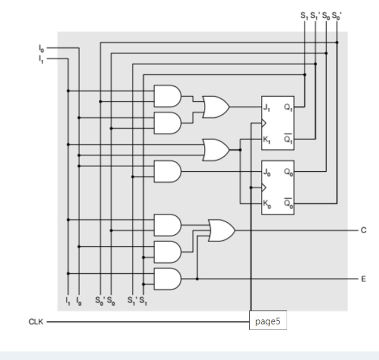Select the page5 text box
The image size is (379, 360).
coord(268,321)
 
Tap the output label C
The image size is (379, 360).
coord(363,230)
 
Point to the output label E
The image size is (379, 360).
coord(363,279)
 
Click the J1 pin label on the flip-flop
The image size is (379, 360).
coord(266,107)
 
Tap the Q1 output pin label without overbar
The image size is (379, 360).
coord(288,107)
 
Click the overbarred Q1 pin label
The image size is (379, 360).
coord(288,140)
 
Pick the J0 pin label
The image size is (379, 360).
coord(266,172)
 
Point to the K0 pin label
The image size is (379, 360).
coord(266,204)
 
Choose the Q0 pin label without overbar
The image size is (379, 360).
coord(288,172)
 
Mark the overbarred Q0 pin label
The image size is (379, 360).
coord(288,204)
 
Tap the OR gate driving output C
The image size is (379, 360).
coord(222,230)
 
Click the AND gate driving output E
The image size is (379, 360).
coord(168,279)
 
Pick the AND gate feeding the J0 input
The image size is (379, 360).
coord(168,171)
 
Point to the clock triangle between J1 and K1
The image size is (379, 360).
coord(264,124)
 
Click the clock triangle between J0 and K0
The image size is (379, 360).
coord(264,187)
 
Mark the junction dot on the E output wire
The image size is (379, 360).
coord(197,279)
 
